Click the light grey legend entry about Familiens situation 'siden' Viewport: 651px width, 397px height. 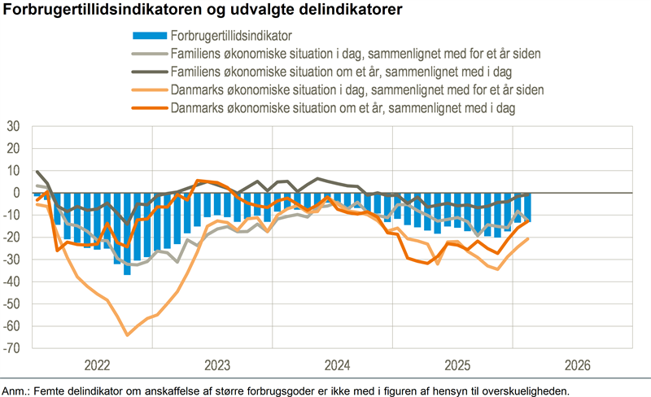356,54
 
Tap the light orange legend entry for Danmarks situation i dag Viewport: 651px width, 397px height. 357,89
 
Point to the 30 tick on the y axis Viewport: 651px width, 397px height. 12,127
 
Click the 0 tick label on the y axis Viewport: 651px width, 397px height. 15,194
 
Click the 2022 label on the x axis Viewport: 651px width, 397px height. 96,364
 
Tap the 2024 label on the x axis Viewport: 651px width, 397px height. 336,364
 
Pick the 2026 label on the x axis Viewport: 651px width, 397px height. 576,364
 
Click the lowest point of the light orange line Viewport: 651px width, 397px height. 127,334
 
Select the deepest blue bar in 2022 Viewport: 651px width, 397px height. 127,274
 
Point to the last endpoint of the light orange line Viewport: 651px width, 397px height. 528,238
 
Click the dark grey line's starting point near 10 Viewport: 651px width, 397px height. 37,172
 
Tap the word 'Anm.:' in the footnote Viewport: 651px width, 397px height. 17,390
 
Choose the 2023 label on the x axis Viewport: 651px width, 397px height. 216,364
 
